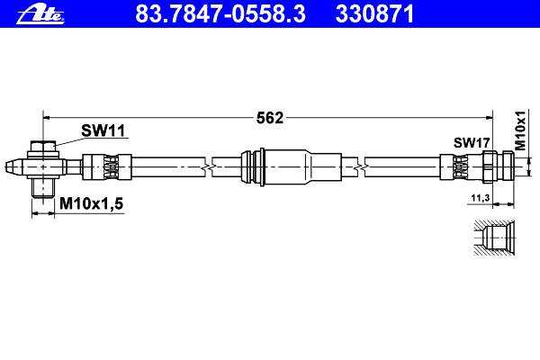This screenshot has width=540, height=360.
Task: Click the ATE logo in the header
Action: pyautogui.click(x=40, y=14)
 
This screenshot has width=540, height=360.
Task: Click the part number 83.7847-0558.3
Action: pyautogui.click(x=220, y=13)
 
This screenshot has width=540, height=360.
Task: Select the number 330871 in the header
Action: pyautogui.click(x=374, y=13)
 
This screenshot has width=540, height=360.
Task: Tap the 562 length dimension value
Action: pyautogui.click(x=270, y=118)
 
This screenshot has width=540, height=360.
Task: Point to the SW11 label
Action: pyautogui.click(x=103, y=130)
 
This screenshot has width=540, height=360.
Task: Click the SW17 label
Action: pyautogui.click(x=472, y=142)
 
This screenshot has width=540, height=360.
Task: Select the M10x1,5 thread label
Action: pyautogui.click(x=91, y=203)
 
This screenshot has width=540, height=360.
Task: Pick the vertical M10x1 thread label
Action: pyautogui.click(x=521, y=130)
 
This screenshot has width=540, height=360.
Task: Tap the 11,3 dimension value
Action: pyautogui.click(x=481, y=198)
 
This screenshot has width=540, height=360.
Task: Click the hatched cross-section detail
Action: pyautogui.click(x=494, y=238)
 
